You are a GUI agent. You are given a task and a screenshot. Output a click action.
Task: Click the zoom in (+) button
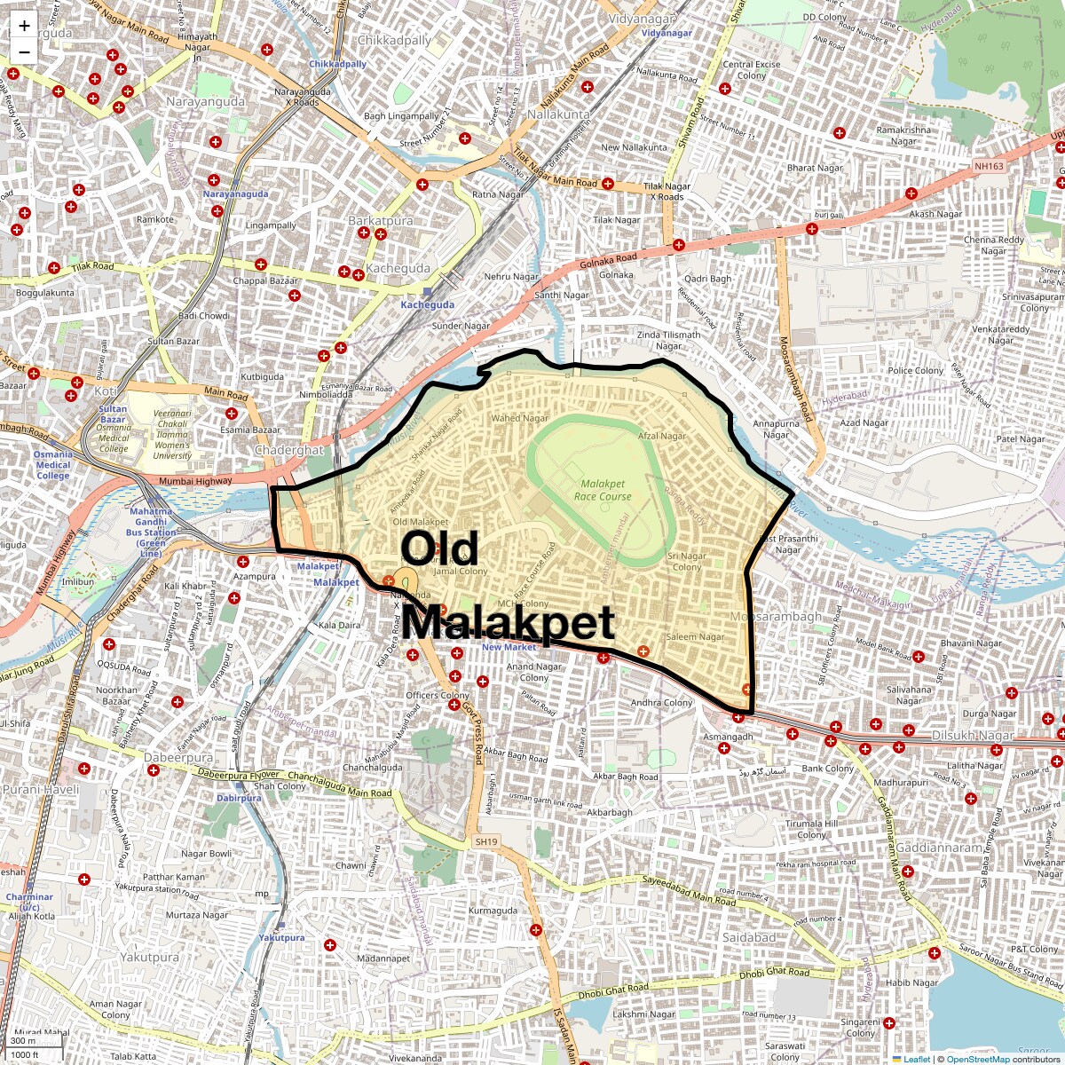(24, 26)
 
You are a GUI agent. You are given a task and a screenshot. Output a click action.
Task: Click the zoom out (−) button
(24, 51)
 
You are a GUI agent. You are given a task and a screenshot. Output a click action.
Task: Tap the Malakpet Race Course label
(603, 490)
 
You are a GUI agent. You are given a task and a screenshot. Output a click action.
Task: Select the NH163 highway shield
(988, 166)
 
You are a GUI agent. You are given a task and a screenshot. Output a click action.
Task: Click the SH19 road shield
(486, 841)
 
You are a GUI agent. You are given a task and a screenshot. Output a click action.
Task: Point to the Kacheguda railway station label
(427, 304)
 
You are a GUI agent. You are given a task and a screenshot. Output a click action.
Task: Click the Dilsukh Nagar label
(973, 736)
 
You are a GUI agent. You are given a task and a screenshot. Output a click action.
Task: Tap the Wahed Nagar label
(519, 418)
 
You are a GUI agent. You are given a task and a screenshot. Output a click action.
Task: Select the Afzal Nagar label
(662, 436)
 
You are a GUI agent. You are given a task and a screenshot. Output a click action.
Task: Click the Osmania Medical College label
(53, 464)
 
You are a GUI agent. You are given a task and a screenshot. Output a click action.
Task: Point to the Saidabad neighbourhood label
(749, 937)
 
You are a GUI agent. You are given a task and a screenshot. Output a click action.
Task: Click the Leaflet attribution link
(917, 1059)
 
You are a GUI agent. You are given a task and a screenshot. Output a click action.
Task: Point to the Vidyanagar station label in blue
(666, 33)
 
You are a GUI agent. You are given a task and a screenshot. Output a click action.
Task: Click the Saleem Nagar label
(695, 636)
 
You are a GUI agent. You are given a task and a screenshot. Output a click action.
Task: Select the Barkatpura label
(380, 220)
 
